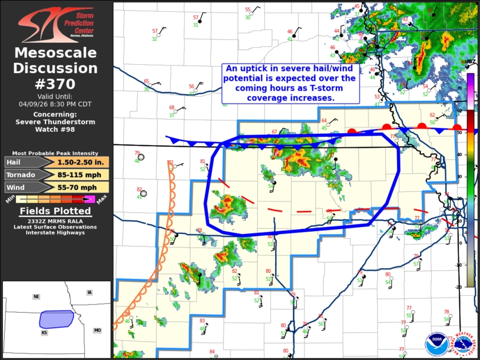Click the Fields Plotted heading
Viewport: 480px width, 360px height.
[x=55, y=211]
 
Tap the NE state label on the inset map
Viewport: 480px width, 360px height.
[x=36, y=297]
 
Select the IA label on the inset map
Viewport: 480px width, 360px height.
[x=89, y=292]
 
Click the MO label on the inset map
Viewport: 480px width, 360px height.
[x=97, y=331]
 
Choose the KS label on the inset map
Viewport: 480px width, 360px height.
[x=44, y=333]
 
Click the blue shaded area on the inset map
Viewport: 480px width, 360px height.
[x=56, y=319]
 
